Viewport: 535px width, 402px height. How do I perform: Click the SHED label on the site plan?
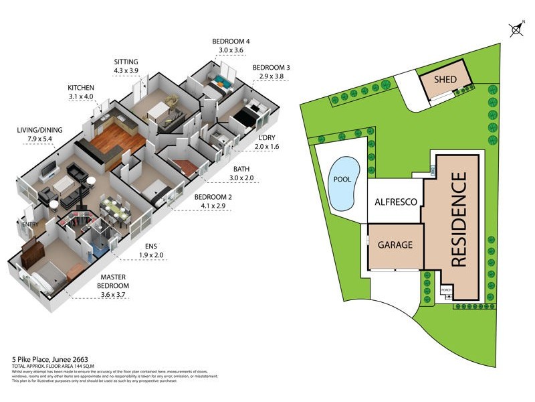tap(445, 80)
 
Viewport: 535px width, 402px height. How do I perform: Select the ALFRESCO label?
tap(396, 202)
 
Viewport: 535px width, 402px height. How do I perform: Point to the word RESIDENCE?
tap(459, 220)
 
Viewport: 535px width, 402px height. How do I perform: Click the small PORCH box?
tap(446, 291)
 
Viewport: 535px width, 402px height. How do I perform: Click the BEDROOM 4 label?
tap(231, 42)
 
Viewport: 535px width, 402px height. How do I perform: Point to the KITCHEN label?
tap(81, 88)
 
